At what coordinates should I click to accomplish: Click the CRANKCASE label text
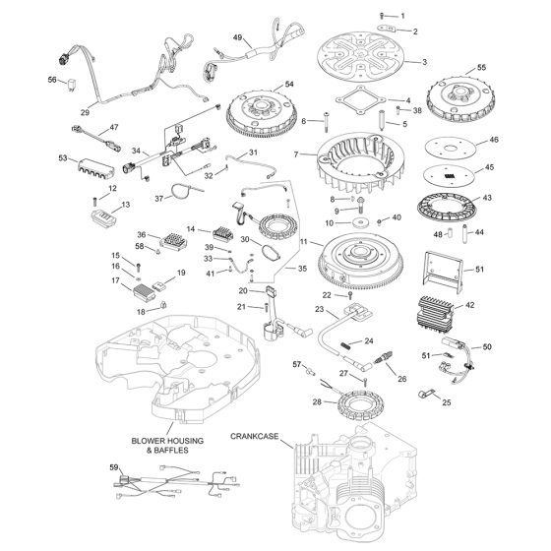pos(254,436)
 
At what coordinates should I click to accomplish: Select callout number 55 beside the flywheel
pos(481,68)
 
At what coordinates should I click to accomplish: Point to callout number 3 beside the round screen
pos(424,62)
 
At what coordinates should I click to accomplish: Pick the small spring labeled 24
pos(345,345)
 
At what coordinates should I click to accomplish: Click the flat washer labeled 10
pos(357,222)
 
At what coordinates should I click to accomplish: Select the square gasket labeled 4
pos(361,99)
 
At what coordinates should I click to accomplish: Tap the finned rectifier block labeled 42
pos(435,316)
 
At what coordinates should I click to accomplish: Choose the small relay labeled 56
pos(72,86)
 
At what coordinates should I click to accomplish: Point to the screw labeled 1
pos(382,16)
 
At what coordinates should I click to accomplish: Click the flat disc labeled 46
pos(451,149)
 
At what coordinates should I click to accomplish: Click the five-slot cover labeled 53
pos(94,168)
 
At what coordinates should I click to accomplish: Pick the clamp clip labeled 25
pos(426,394)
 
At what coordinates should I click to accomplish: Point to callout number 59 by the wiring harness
pos(114,467)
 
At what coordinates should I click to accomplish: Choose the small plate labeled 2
pos(387,28)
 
